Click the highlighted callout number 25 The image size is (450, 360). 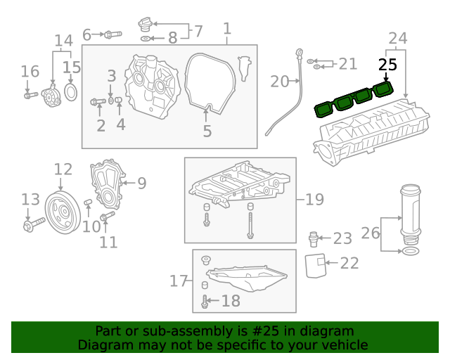point(387,65)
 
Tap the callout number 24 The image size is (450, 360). point(398,37)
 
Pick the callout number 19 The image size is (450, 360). point(314,200)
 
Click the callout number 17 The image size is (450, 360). point(179,281)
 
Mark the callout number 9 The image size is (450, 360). point(141,184)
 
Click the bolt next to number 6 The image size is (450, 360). point(112,34)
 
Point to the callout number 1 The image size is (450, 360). point(227,29)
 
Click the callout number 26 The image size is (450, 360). point(370,233)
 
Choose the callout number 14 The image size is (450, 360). point(63,40)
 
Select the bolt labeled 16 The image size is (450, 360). point(29,94)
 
